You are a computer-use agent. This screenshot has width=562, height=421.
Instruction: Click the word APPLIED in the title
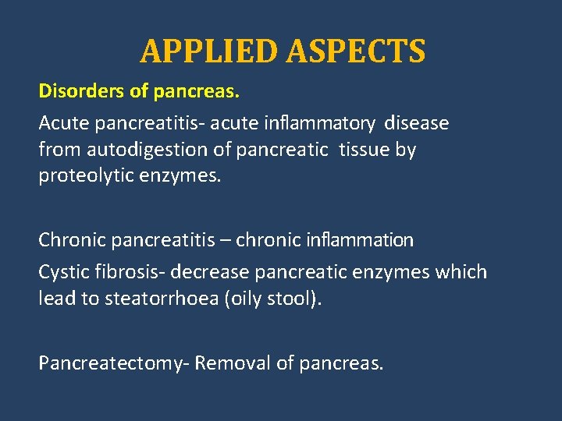point(209,51)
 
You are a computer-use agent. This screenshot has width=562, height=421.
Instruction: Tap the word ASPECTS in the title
point(355,51)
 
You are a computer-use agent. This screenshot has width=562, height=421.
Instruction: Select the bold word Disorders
point(81,92)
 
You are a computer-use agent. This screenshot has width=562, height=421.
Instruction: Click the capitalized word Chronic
point(72,240)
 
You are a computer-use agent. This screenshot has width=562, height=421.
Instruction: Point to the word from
point(56,150)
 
